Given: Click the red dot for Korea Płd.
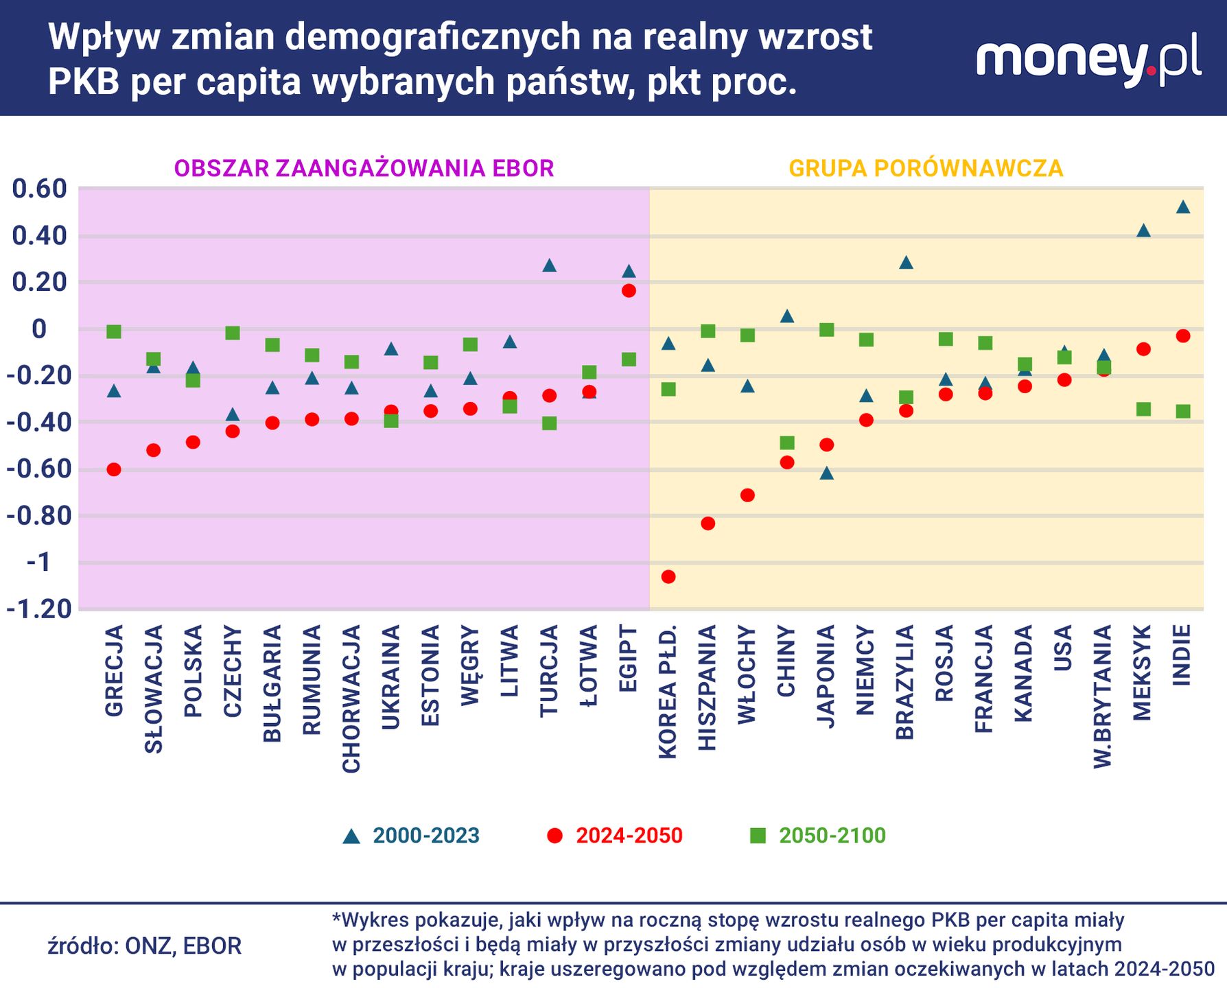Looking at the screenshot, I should tap(668, 576).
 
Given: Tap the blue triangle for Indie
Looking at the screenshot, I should tap(1182, 207).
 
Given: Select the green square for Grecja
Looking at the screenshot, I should tap(114, 332).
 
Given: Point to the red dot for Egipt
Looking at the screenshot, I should tap(629, 291).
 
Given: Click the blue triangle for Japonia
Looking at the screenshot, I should tap(827, 473).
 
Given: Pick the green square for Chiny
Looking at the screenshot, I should tap(787, 443).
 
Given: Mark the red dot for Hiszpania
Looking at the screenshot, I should tap(708, 524).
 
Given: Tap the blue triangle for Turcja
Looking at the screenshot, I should tap(549, 266).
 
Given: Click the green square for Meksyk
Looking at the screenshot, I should tap(1143, 410).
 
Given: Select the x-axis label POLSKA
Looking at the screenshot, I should tap(194, 671).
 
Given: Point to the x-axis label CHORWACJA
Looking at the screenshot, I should tap(351, 698).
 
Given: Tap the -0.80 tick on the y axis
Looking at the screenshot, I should tap(38, 516).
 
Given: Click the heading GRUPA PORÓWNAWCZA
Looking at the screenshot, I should tap(926, 168).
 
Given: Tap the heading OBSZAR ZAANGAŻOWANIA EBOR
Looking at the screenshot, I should tap(364, 168).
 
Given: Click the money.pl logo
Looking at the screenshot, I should tap(1088, 60).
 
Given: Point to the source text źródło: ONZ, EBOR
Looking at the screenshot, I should tap(145, 946).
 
